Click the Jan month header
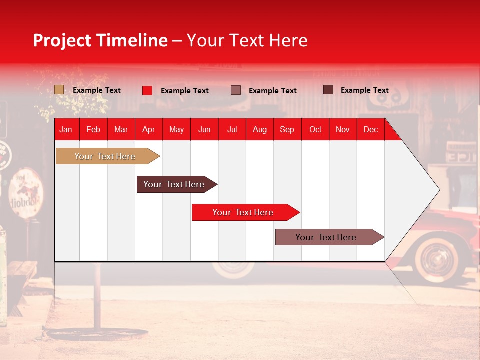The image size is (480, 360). click(66, 130)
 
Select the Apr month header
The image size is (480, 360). click(149, 130)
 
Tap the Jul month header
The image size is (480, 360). click(232, 130)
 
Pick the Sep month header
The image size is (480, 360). click(287, 130)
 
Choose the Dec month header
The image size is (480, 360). click(370, 130)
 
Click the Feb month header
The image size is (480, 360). click(93, 130)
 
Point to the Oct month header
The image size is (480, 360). click(315, 130)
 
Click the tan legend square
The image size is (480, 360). click(59, 90)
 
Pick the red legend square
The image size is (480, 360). click(147, 90)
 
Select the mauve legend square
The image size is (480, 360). click(236, 90)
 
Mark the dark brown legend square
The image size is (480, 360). click(328, 90)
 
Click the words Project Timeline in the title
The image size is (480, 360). click(100, 40)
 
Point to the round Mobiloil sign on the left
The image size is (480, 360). click(26, 193)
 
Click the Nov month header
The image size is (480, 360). click(343, 130)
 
